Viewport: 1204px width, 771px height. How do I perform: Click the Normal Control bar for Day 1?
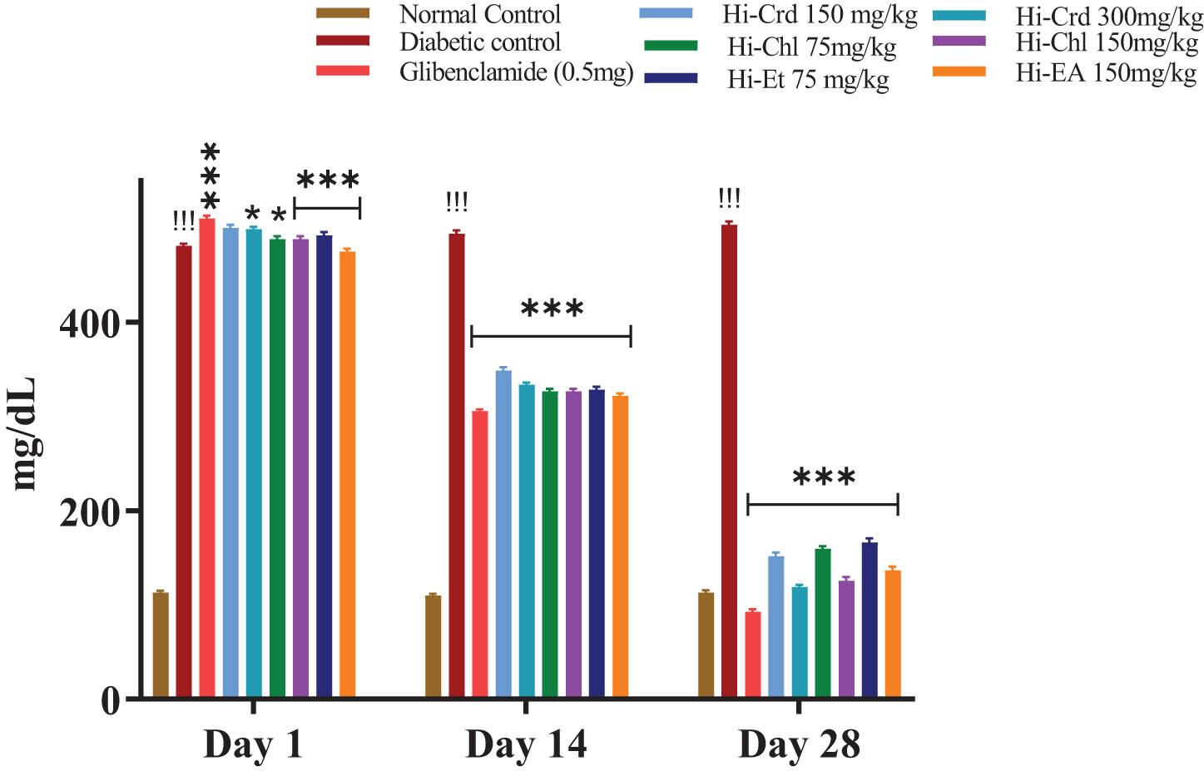161,645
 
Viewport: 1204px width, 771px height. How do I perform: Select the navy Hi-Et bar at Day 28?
870,619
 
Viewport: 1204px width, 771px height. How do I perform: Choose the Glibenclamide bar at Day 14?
480,553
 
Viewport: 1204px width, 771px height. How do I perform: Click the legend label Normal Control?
480,14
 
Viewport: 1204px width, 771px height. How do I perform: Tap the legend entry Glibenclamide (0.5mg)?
516,72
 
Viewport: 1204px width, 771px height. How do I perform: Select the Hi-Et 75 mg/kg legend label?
808,80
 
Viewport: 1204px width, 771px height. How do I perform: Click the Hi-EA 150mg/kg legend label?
1106,73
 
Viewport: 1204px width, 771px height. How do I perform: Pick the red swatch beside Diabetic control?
343,41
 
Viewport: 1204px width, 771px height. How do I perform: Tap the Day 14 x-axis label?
526,744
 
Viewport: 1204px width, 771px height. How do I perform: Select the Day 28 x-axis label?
799,744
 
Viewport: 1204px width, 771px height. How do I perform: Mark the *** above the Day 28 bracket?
824,477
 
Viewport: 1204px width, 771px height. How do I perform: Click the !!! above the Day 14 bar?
457,202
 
